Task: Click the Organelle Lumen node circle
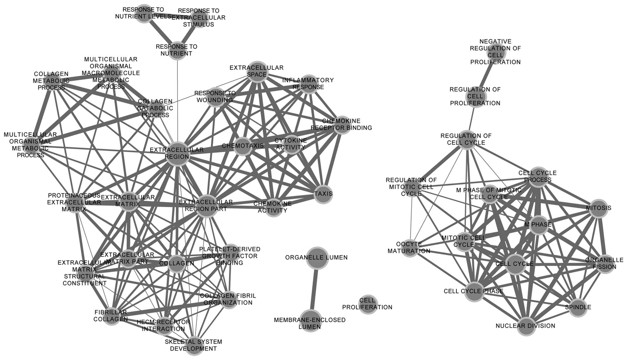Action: pos(317,258)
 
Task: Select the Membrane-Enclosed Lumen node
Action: pos(310,321)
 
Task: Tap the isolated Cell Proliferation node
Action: pos(368,304)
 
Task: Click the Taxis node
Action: pos(323,194)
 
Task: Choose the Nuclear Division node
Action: pos(526,326)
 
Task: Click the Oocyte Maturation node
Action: pos(409,248)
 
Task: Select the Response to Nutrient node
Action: pos(177,50)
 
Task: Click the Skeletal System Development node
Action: pos(194,345)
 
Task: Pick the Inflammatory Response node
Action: pos(309,84)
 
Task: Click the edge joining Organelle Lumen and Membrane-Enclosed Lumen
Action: pos(314,289)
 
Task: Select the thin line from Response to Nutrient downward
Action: pos(177,100)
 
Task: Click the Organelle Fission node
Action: pos(605,264)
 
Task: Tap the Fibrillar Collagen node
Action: pos(111,316)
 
